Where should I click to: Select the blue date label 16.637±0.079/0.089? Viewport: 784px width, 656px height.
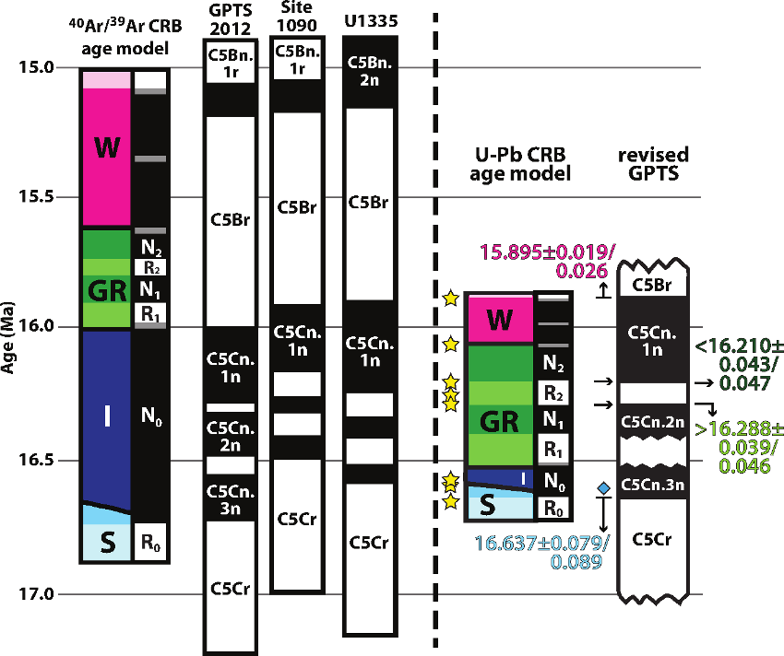(x=540, y=552)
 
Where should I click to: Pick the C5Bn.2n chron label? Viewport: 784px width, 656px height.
(x=369, y=71)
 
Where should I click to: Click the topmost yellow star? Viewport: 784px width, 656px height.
(x=450, y=299)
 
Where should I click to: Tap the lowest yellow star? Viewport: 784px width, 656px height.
(x=450, y=502)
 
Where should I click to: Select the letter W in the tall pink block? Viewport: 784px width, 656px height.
(x=107, y=147)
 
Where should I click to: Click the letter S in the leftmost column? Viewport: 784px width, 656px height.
(x=107, y=544)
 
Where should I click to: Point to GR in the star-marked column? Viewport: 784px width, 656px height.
(x=500, y=422)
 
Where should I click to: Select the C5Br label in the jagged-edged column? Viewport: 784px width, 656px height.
(x=652, y=285)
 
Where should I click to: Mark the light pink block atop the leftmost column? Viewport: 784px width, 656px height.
(x=107, y=80)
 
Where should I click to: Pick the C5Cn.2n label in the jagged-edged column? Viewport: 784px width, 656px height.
(x=652, y=422)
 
